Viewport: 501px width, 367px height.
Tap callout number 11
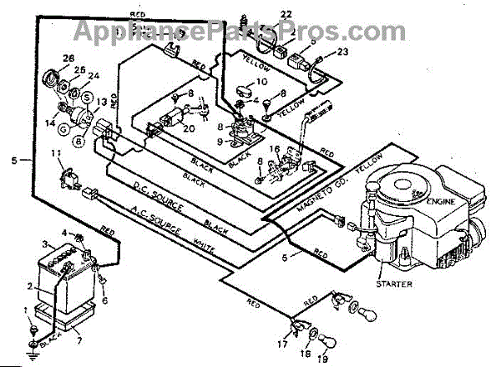[57, 154]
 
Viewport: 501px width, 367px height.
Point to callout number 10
[261, 82]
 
